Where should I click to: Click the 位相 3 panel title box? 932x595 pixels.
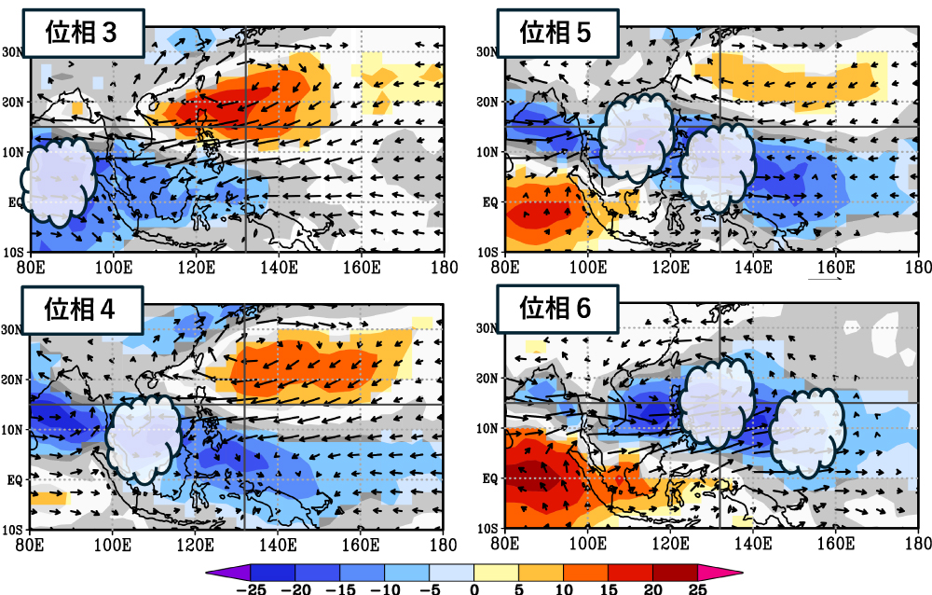(82, 34)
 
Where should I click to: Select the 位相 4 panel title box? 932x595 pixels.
(82, 310)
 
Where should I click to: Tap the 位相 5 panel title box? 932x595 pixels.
(555, 34)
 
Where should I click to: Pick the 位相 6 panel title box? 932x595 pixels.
(555, 310)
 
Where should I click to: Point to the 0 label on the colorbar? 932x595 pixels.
(474, 588)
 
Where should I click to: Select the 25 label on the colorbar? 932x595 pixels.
(698, 588)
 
